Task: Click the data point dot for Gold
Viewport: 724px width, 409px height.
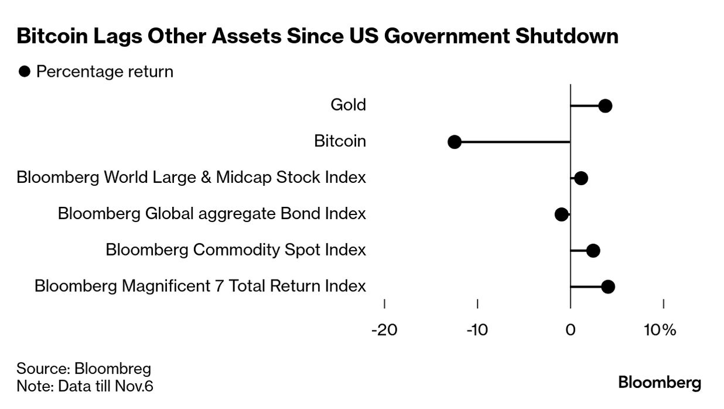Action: tap(605, 106)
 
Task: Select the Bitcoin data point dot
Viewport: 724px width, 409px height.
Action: tap(454, 142)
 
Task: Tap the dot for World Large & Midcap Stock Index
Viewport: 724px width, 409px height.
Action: tap(580, 178)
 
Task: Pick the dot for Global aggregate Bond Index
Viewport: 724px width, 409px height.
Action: tap(561, 214)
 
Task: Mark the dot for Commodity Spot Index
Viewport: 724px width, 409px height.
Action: tap(593, 251)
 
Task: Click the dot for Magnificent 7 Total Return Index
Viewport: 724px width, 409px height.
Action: tap(607, 287)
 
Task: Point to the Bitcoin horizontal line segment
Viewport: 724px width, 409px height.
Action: tap(513, 142)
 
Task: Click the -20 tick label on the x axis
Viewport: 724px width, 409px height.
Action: tap(384, 330)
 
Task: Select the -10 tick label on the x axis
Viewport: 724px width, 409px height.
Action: tap(477, 330)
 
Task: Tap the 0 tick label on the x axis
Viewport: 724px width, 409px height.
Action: tap(570, 330)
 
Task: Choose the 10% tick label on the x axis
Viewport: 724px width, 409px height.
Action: tap(660, 330)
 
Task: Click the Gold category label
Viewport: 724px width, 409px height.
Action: tap(348, 105)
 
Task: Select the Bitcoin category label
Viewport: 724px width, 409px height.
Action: tap(340, 141)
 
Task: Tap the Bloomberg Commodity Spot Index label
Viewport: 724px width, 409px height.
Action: tap(235, 250)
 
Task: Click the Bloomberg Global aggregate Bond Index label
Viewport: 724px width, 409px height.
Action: tap(211, 213)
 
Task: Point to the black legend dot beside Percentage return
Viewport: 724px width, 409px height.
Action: tap(25, 72)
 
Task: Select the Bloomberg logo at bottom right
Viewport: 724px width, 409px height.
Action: tap(660, 383)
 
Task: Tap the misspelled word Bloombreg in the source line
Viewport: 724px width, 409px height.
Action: tap(112, 369)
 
